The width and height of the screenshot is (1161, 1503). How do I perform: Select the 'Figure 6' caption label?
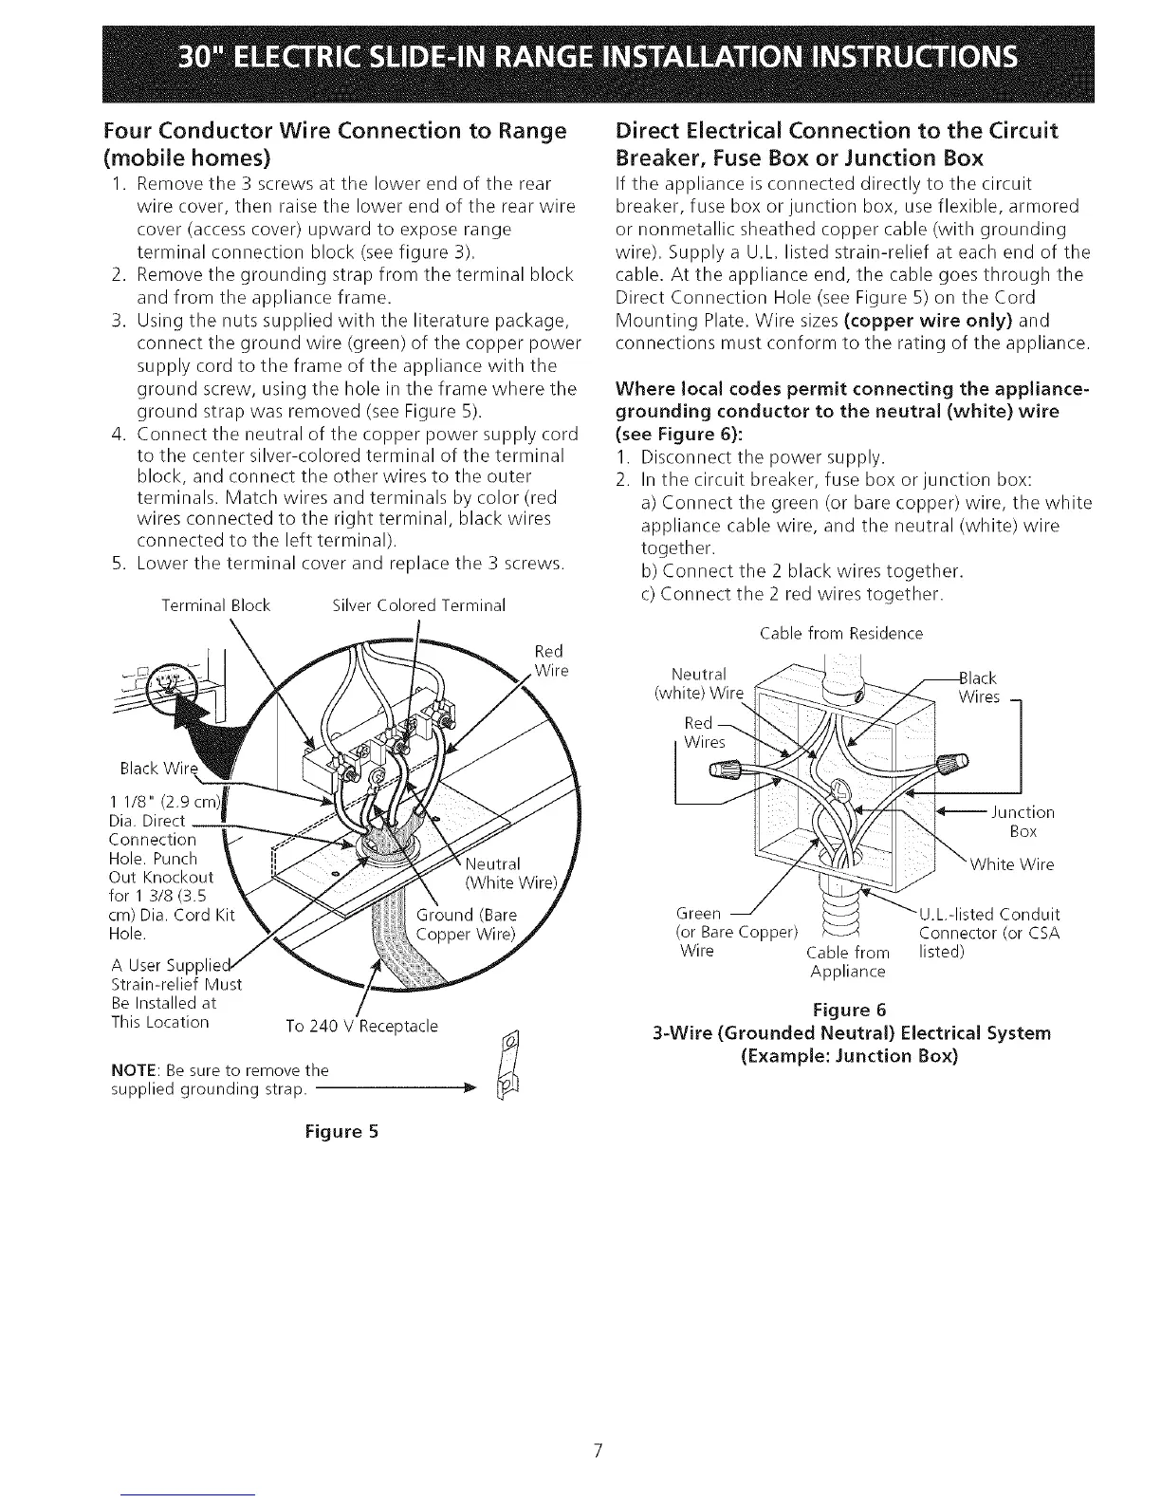tap(847, 1011)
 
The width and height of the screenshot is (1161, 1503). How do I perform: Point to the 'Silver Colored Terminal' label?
tap(419, 605)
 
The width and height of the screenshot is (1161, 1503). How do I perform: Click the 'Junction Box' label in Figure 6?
tap(1023, 822)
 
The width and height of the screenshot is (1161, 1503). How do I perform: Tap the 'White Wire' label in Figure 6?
tap(1011, 864)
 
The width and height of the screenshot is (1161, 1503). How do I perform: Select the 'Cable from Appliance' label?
tap(847, 961)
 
